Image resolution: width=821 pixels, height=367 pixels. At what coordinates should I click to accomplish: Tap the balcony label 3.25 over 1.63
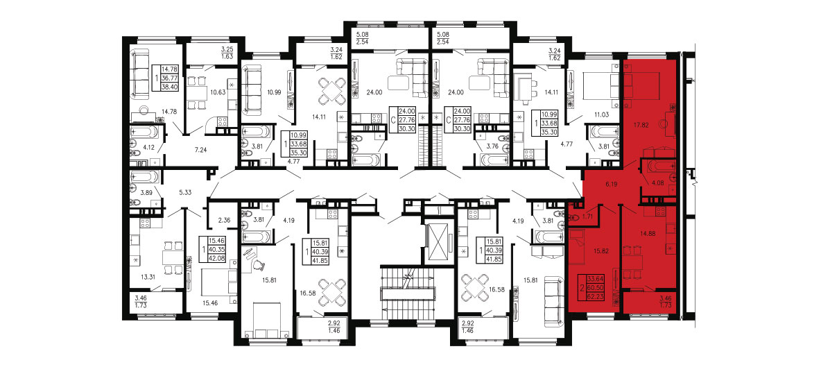coord(227,52)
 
